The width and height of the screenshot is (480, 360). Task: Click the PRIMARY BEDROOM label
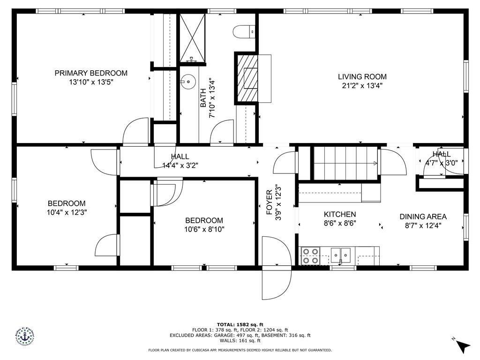pos(91,73)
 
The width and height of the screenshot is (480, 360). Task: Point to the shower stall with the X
pos(193,37)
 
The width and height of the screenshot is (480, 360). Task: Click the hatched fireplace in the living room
pos(247,77)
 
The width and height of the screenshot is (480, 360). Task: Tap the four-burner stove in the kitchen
pos(309,256)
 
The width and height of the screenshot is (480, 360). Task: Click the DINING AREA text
pos(423,217)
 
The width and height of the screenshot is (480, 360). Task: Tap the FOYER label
pos(270,202)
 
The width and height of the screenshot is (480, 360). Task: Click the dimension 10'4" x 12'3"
pos(67,212)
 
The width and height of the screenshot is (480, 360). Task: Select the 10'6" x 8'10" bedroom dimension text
pos(204,229)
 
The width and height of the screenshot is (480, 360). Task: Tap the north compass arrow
pos(463,345)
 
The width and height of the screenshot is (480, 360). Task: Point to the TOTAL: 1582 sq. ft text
pos(240,324)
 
